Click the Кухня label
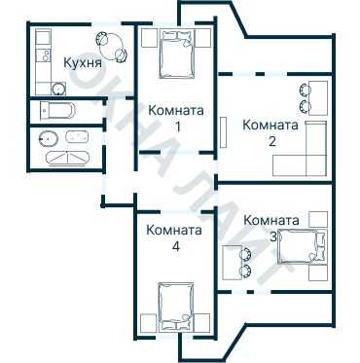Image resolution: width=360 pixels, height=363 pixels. pyautogui.click(x=83, y=63)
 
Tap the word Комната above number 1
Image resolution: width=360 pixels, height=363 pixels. pyautogui.click(x=176, y=110)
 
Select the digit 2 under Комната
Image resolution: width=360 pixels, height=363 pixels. pyautogui.click(x=272, y=141)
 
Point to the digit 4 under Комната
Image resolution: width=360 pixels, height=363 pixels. pyautogui.click(x=175, y=247)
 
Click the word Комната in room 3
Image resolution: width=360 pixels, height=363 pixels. pyautogui.click(x=271, y=219)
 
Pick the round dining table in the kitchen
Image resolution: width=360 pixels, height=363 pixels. pyautogui.click(x=110, y=45)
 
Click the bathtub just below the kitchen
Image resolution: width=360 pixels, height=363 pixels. pyautogui.click(x=59, y=110)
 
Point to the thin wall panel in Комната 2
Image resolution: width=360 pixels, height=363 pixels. pyautogui.click(x=223, y=133)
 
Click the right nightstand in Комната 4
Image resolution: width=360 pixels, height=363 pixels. pyautogui.click(x=202, y=322)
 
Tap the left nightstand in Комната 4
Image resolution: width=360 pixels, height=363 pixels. pyautogui.click(x=148, y=322)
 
